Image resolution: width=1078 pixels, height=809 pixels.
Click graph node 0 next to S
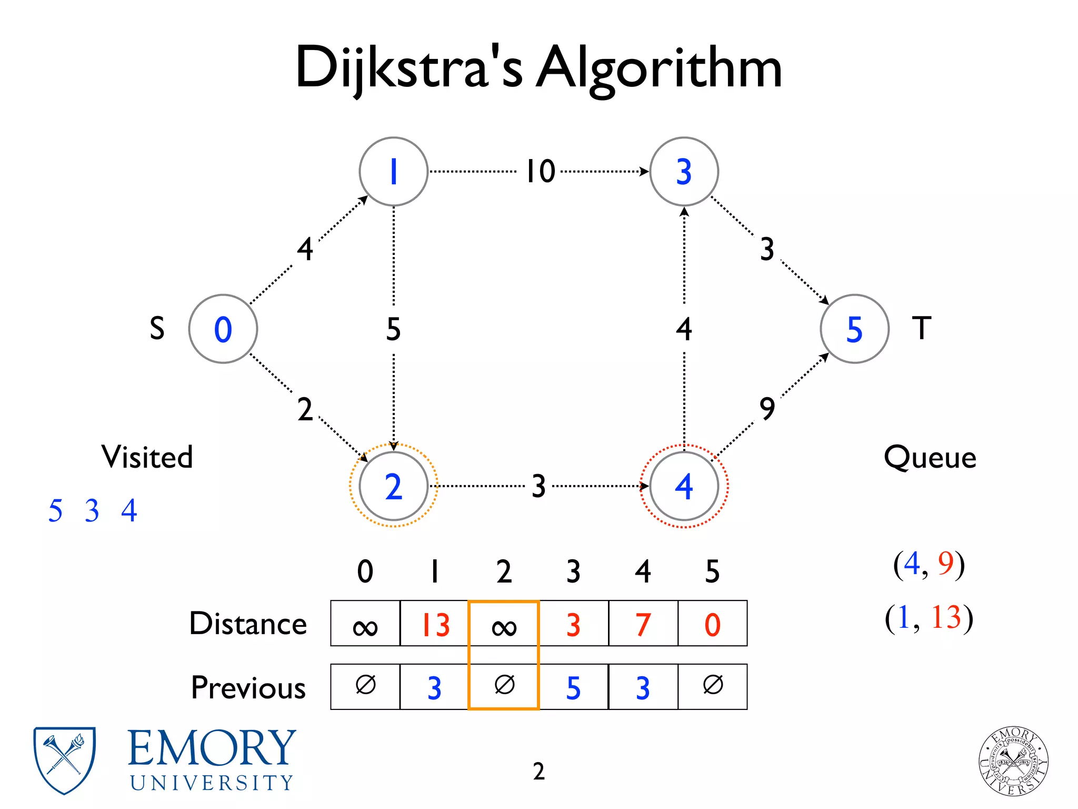click(223, 329)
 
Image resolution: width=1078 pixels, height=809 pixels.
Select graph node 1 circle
click(393, 172)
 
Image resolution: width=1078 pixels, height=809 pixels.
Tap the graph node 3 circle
click(684, 172)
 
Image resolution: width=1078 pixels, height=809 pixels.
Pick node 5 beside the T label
click(854, 329)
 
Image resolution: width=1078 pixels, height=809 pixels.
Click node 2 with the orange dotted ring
click(393, 486)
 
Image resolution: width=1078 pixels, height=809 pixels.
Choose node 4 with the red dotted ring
click(684, 486)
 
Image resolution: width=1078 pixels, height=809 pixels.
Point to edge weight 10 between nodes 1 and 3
click(541, 172)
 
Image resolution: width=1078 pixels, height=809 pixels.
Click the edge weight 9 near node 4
click(767, 409)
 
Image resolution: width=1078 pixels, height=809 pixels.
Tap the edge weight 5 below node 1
click(393, 329)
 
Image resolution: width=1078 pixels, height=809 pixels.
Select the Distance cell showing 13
click(434, 624)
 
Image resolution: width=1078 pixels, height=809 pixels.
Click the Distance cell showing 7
click(643, 624)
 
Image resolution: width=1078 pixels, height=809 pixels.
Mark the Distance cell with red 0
click(712, 624)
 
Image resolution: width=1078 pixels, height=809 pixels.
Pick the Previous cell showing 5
click(573, 687)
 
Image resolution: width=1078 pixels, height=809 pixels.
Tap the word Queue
click(930, 457)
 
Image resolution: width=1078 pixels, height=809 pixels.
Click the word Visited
click(147, 457)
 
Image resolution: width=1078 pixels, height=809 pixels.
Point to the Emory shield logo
click(64, 759)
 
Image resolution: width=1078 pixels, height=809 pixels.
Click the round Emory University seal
click(1013, 760)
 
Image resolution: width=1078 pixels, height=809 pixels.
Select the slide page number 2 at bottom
click(538, 771)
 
